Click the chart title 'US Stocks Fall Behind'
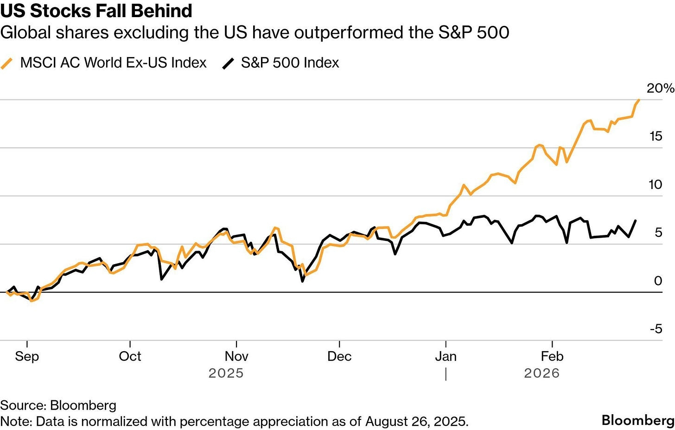tap(96, 11)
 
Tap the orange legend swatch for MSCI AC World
tap(7, 63)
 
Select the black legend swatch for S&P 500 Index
tap(229, 63)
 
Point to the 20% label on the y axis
tap(660, 88)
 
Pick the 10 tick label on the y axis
tap(656, 184)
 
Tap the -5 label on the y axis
tap(656, 329)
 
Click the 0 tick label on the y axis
tap(658, 281)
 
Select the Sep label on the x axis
tap(27, 356)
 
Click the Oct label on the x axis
tap(130, 356)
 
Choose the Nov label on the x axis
tap(236, 356)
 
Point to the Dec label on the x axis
tap(339, 356)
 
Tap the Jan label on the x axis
tap(446, 356)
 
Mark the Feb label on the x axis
tap(552, 356)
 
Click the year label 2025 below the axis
tap(226, 373)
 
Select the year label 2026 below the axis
tap(541, 373)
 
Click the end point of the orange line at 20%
tap(639, 100)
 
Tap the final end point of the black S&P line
tap(635, 221)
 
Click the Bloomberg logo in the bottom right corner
tap(638, 420)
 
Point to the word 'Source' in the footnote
tap(23, 405)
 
